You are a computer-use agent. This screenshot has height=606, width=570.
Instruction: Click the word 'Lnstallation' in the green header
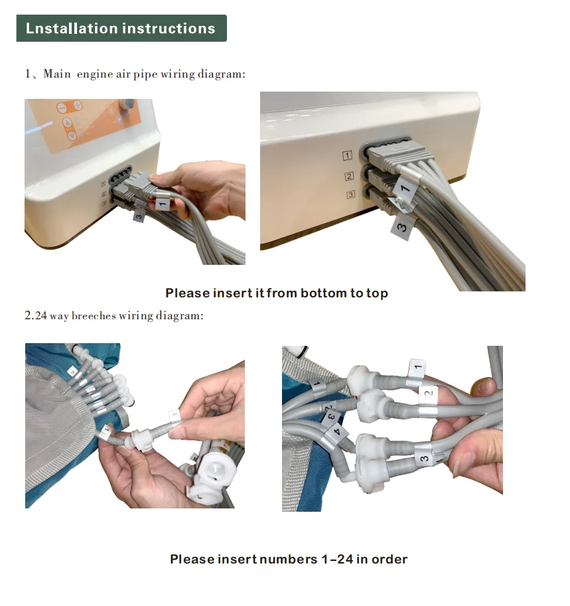tap(71, 29)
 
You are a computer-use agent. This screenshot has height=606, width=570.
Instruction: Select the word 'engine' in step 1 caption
tap(96, 74)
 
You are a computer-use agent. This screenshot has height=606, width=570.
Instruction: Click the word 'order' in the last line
tap(390, 559)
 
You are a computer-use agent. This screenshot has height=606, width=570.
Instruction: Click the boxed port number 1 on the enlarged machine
tap(347, 156)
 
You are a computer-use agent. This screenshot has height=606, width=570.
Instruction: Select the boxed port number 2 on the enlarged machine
tap(348, 176)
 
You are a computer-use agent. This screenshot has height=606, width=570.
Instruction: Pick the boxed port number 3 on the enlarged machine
tap(350, 194)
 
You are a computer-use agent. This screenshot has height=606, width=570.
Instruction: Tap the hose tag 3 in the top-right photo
tap(402, 227)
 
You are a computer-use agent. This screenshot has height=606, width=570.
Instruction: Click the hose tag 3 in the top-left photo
tap(139, 216)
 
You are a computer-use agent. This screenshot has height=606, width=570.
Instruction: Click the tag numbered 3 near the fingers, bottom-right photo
tap(423, 457)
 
